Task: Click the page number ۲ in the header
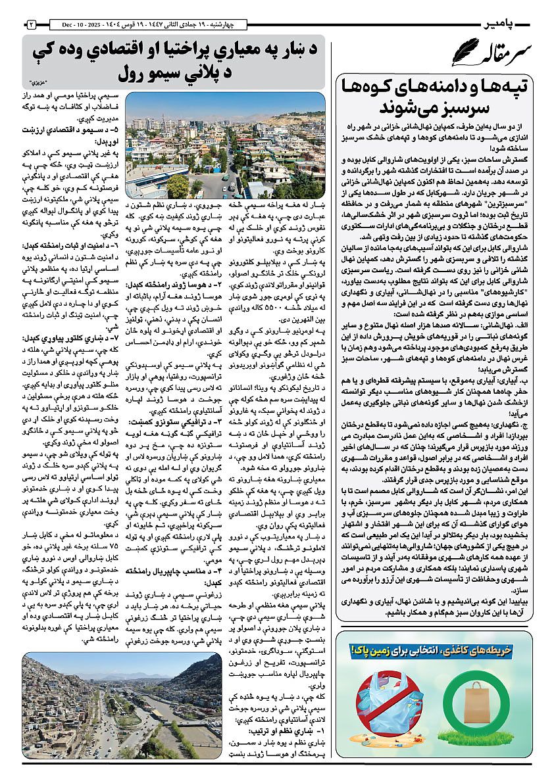31,24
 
